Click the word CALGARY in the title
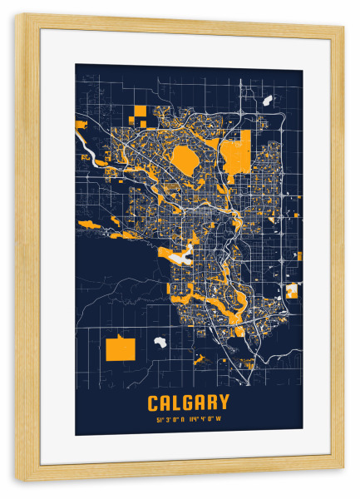coord(189,403)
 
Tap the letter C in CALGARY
coord(154,403)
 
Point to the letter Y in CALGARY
coord(224,403)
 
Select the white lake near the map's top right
coord(268,101)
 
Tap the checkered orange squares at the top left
coord(136,116)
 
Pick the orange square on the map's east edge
coord(292,290)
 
